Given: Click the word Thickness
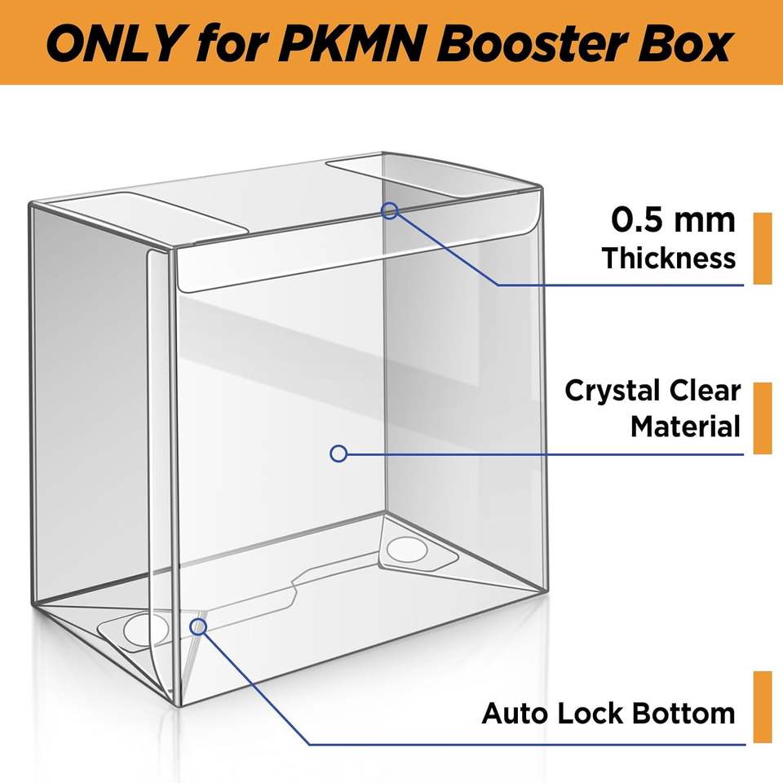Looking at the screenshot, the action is point(669,258).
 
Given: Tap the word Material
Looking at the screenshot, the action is point(684,426).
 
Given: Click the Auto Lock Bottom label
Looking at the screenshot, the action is point(608,713).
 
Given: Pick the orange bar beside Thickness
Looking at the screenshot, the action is point(763,248).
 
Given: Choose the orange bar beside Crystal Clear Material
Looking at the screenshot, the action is point(763,418).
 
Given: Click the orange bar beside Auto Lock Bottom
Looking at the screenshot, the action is point(763,706).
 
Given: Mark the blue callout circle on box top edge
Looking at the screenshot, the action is point(390,210).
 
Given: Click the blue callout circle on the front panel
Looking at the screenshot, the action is point(338,453).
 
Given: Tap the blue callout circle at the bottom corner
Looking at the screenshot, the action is point(198,626).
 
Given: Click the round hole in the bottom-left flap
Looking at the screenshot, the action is point(145,629).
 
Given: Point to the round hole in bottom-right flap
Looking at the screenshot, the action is point(407,550).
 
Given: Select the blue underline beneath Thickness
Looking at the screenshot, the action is point(622,285).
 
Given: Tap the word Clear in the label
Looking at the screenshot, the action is point(705,391).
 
